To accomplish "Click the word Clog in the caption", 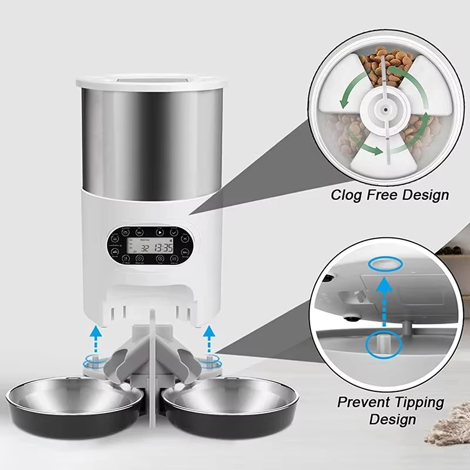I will pyautogui.click(x=348, y=194).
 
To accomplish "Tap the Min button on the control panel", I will pyautogui.click(x=140, y=233).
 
